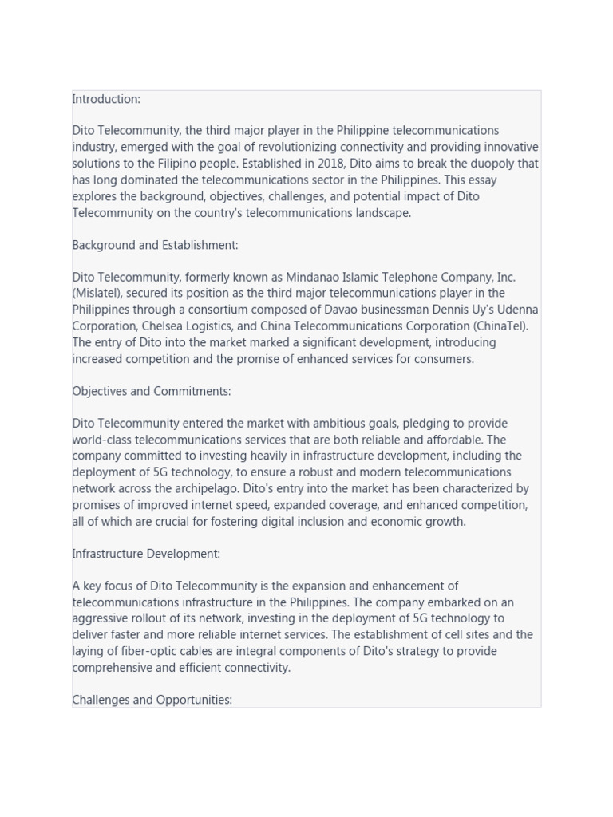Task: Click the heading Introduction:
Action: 106,99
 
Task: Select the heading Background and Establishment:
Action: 155,245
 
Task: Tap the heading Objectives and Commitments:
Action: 151,391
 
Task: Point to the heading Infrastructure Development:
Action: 146,553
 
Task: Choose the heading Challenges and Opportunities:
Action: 152,700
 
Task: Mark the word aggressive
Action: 102,618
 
